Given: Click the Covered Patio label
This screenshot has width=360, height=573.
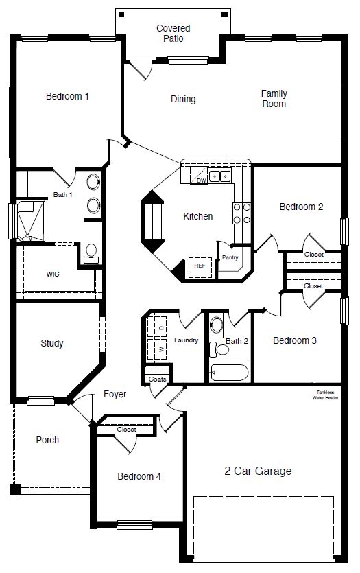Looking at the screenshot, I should (173, 34).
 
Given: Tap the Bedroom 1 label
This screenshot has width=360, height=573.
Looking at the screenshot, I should (67, 97).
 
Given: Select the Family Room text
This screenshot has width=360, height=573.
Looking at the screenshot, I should (274, 99).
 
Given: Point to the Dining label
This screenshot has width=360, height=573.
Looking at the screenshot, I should (183, 100).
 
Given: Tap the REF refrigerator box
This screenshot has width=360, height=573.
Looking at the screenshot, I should (200, 266).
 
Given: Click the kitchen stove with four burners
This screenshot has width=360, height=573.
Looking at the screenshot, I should (241, 213).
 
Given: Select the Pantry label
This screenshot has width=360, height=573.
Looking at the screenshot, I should (230, 258).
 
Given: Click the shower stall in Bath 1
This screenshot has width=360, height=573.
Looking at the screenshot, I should (29, 221).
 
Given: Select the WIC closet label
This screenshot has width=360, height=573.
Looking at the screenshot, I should (53, 274).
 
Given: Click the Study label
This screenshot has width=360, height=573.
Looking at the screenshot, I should (51, 343).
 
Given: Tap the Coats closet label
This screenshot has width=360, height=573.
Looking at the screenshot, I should (157, 379).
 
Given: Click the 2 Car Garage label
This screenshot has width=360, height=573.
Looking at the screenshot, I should (258, 471).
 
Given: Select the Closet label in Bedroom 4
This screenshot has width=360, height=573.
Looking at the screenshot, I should (126, 430).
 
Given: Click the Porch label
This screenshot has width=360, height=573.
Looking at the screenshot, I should (47, 441).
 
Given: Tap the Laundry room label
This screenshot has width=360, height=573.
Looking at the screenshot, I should (186, 340).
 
